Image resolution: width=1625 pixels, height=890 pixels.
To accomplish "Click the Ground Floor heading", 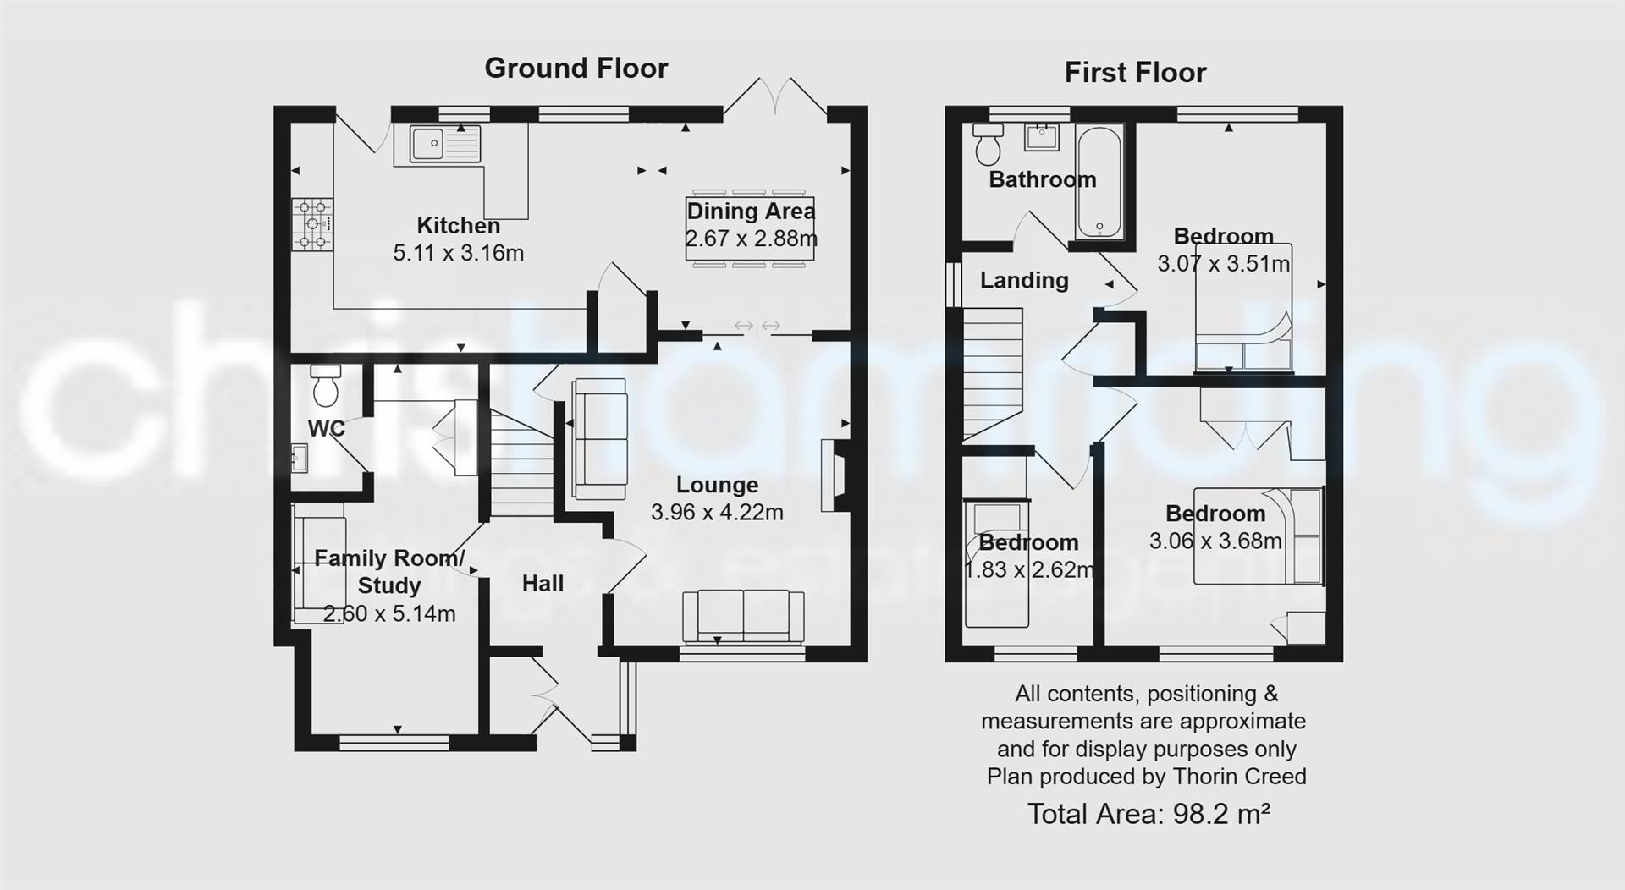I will [x=576, y=69].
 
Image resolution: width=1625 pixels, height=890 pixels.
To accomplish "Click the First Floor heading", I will [x=1134, y=73].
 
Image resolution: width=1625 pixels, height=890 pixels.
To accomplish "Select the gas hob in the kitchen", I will [x=312, y=224].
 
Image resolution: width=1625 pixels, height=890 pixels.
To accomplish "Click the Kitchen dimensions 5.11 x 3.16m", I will [x=458, y=253].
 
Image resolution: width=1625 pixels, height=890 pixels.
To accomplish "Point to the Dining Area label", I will [x=750, y=212].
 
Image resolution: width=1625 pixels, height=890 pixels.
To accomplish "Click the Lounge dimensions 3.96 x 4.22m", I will [x=717, y=512].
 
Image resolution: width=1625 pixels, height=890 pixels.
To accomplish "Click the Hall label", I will [x=543, y=584].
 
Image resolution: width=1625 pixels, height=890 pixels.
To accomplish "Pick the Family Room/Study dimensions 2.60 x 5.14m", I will [x=389, y=614].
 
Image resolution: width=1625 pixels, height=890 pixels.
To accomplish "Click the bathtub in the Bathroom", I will [x=1099, y=182].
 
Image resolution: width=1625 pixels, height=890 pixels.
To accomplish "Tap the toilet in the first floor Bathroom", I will [x=987, y=146].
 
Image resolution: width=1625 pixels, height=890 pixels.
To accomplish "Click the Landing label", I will [x=1024, y=280].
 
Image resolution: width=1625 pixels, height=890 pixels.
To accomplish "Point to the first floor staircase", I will [x=993, y=372].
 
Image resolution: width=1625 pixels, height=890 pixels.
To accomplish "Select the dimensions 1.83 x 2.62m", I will [x=1029, y=570].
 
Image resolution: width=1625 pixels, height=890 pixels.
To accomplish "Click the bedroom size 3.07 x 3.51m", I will [x=1223, y=264].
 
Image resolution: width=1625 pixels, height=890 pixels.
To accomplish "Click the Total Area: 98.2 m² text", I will [x=1148, y=814].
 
